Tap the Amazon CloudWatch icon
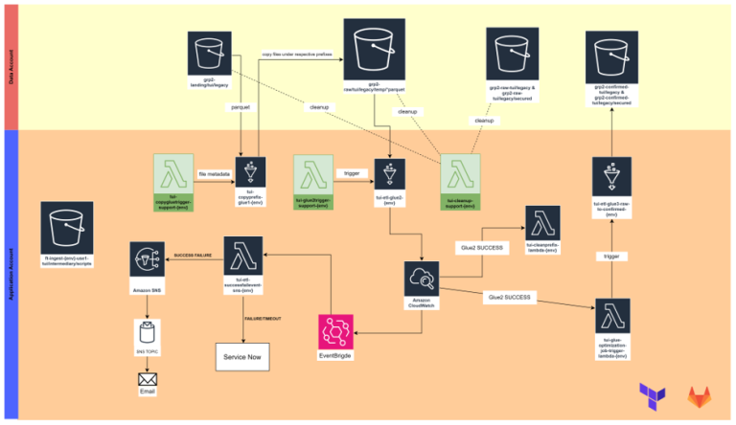pos(422,280)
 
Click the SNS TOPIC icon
pos(148,332)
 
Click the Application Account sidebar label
pos(11,273)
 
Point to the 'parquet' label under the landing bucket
pos(241,107)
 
